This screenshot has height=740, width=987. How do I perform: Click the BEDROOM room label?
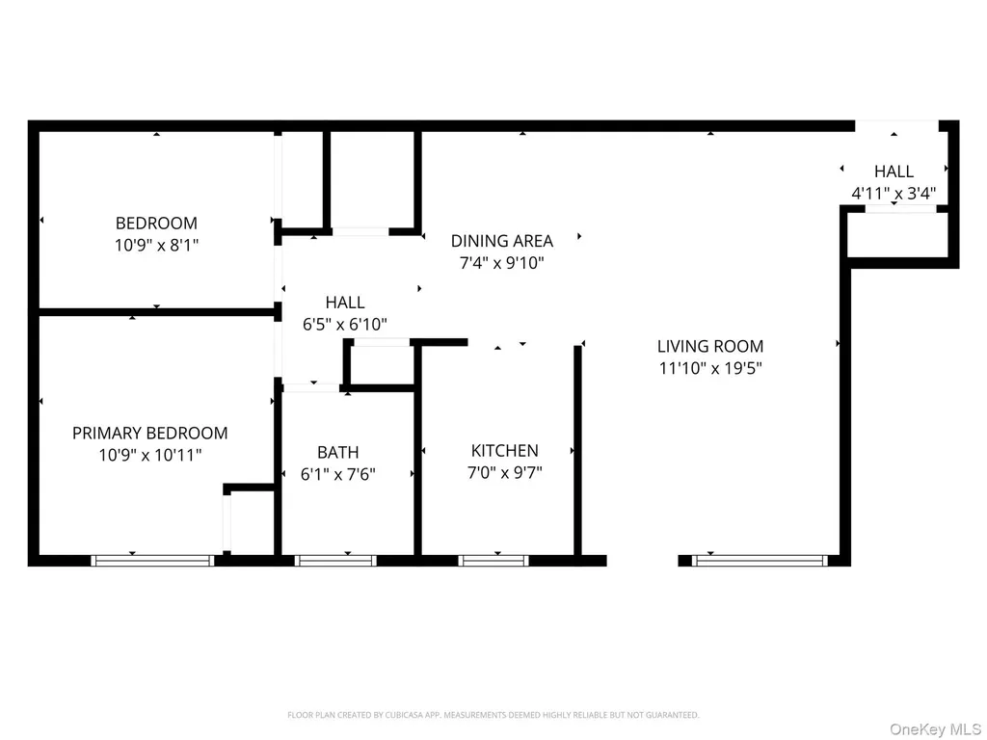point(156,223)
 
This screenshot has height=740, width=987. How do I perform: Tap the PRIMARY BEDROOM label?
point(149,433)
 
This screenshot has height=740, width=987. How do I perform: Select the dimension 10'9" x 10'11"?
point(149,455)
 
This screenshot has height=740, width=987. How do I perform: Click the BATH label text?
point(338,452)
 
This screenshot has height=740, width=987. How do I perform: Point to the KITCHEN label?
point(505,451)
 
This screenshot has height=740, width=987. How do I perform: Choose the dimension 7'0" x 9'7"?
point(505,472)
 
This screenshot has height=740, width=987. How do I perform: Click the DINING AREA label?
point(501,240)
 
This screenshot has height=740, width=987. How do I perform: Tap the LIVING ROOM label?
point(710,346)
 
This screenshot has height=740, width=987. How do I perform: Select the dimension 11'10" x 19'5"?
point(710,367)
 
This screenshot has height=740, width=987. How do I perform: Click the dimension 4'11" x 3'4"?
point(894,193)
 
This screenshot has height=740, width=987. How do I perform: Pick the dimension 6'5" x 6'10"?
point(345,324)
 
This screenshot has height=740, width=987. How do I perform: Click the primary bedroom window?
point(153,561)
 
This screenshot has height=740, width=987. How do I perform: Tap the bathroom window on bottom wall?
point(335,561)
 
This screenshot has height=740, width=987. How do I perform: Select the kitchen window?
point(493,561)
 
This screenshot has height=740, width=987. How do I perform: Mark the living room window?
point(760,561)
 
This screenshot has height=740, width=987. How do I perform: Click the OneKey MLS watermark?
point(935,729)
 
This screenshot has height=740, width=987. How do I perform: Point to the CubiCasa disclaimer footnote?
point(493,715)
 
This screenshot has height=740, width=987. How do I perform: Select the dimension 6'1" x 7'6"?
point(338,473)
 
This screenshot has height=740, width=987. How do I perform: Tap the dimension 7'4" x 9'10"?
point(501,262)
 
